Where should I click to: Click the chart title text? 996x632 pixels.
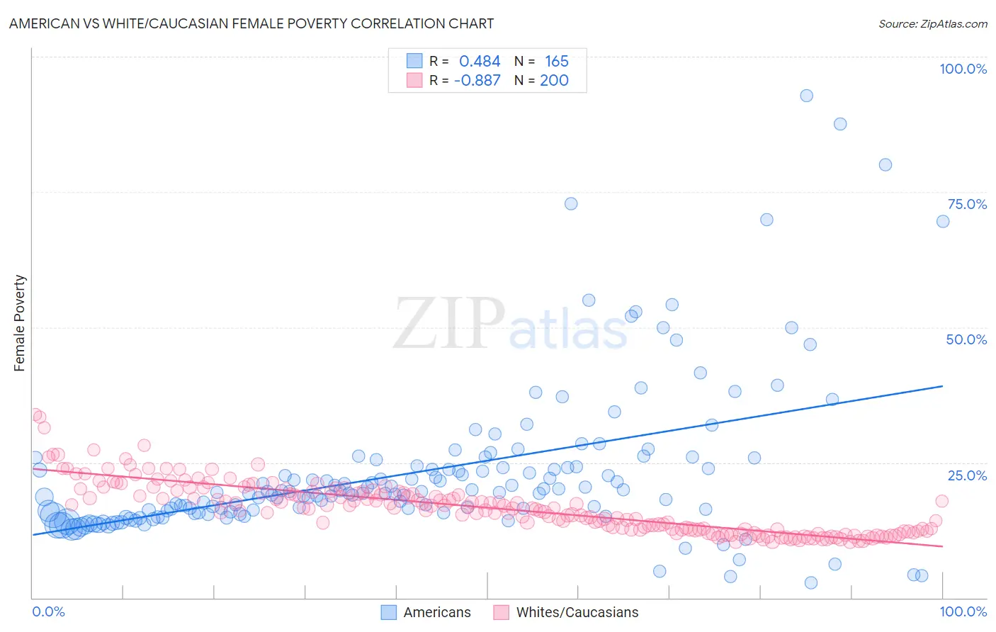click(251, 23)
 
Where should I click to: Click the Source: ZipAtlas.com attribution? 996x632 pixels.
click(932, 23)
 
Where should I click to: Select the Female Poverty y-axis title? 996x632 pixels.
click(20, 323)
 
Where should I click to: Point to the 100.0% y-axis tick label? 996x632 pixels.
click(963, 69)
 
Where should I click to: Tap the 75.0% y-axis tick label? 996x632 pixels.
click(966, 204)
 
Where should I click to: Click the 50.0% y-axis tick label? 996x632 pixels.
click(966, 339)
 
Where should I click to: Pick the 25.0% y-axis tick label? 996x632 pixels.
click(966, 475)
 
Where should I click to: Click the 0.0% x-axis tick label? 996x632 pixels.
click(48, 611)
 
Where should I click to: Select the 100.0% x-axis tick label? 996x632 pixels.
click(963, 611)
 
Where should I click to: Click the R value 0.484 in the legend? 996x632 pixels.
click(480, 62)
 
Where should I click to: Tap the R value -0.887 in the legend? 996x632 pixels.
click(477, 81)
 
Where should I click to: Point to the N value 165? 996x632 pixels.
click(556, 62)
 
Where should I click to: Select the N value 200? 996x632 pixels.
click(554, 81)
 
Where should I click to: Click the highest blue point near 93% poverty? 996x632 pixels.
click(806, 96)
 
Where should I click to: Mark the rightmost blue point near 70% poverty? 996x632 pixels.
click(943, 222)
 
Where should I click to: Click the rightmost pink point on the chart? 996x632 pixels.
click(942, 501)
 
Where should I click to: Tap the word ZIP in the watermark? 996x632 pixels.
click(449, 323)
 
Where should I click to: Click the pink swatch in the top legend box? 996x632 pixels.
click(414, 81)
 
